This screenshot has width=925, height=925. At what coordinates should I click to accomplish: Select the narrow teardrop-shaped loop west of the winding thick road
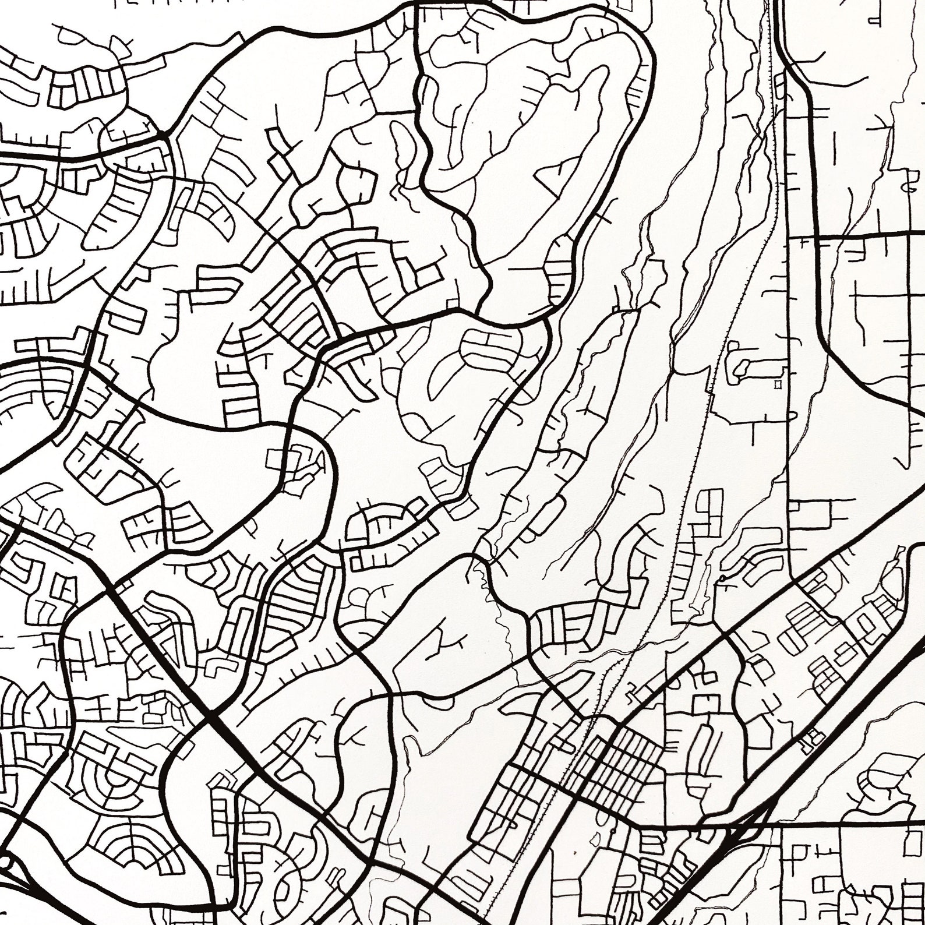[401, 146]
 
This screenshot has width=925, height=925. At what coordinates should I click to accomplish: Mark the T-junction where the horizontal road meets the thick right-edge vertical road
[815, 236]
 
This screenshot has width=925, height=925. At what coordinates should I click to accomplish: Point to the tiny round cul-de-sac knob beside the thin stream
[722, 578]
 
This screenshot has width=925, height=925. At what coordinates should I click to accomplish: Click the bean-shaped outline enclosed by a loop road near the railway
[743, 367]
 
